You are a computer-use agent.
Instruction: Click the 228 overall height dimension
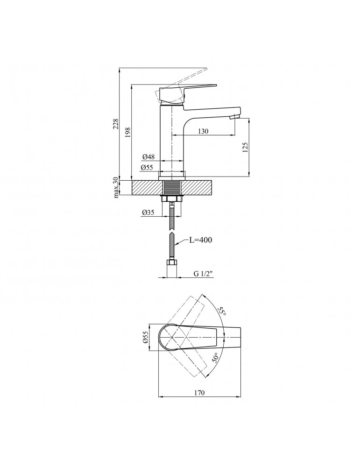pos(116,123)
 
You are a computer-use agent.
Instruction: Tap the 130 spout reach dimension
pos(203,132)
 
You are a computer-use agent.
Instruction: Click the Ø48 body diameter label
pos(148,156)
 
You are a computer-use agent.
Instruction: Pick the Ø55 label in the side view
pos(148,167)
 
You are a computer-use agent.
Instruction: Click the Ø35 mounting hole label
pos(149,213)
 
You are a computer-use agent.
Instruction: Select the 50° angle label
pos(216,358)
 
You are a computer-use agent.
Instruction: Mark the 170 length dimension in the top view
pos(199,393)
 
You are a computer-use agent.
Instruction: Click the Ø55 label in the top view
pos(145,337)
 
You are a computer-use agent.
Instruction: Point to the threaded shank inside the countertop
pos(172,188)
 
